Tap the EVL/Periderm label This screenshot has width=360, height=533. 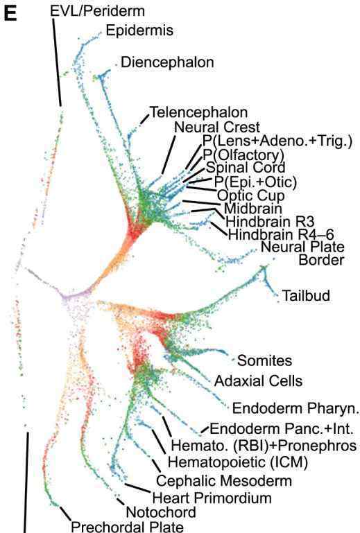pos(97,11)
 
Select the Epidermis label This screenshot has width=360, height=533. pos(139,30)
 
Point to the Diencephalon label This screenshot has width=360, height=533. pos(167,62)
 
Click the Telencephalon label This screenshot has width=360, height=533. pos(198,112)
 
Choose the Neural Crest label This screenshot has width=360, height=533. pos(217,127)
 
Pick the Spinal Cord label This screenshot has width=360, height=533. pos(246,167)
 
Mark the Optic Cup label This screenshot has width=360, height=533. pos(251,195)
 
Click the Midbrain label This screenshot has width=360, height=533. pos(253,209)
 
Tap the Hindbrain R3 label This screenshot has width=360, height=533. pos(270,222)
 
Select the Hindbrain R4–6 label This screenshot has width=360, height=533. pos(281,234)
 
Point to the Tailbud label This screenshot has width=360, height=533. pos(306,295)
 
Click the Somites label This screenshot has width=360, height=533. pos(264,360)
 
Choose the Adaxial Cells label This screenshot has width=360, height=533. pos(258,381)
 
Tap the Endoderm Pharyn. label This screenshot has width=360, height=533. pos(295,408)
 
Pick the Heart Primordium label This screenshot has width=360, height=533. pos(212,498)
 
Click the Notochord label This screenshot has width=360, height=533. pos(161,512)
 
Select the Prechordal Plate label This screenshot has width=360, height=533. pos(127,526)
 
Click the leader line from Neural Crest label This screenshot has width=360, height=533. pos(169,155)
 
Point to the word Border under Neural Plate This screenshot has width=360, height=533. pos(321,260)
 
